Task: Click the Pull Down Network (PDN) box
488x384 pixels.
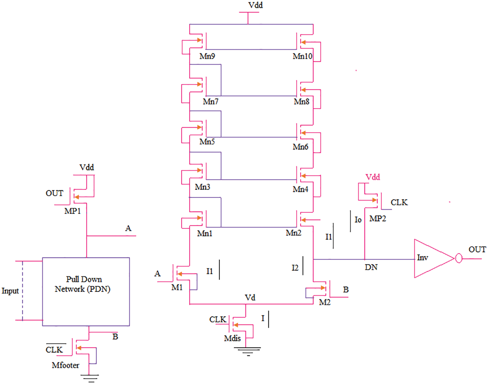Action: [x=86, y=291]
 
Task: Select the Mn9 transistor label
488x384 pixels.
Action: [x=207, y=57]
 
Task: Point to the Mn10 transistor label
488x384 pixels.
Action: [x=302, y=57]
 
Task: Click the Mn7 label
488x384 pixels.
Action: [x=211, y=102]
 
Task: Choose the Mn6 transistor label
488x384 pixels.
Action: [x=300, y=147]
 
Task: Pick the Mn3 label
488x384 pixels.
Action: [x=202, y=187]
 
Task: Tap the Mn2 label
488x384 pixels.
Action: [x=293, y=233]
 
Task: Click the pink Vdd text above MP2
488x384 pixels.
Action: [x=372, y=177]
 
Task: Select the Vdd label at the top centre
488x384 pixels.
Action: [x=255, y=5]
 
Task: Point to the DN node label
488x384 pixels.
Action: [x=371, y=267]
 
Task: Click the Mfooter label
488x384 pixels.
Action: [x=65, y=365]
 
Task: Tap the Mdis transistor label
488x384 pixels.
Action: [x=232, y=339]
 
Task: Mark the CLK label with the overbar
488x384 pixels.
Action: [x=54, y=350]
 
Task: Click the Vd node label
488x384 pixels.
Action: [x=250, y=298]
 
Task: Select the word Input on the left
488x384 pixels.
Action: [x=10, y=291]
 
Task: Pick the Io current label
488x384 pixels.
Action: [x=358, y=220]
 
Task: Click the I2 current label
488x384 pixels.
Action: [x=295, y=268]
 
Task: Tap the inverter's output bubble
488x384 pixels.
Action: [x=458, y=259]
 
